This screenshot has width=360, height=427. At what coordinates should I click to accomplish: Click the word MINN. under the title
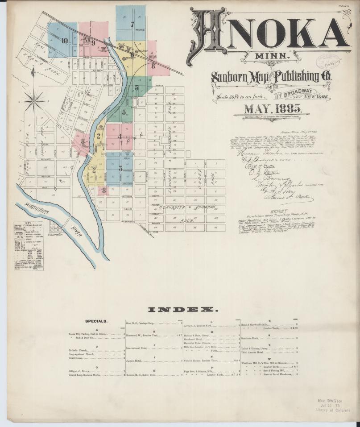click(273, 57)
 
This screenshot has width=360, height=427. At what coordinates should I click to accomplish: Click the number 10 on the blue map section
click(65, 40)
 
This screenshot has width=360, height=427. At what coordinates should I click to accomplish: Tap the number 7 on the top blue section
click(132, 24)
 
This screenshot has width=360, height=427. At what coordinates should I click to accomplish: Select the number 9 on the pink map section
click(93, 43)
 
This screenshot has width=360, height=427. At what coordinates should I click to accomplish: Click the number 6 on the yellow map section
click(132, 56)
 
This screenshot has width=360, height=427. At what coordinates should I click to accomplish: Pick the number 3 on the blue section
click(120, 168)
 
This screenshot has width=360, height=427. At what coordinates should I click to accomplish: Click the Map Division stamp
click(331, 401)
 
